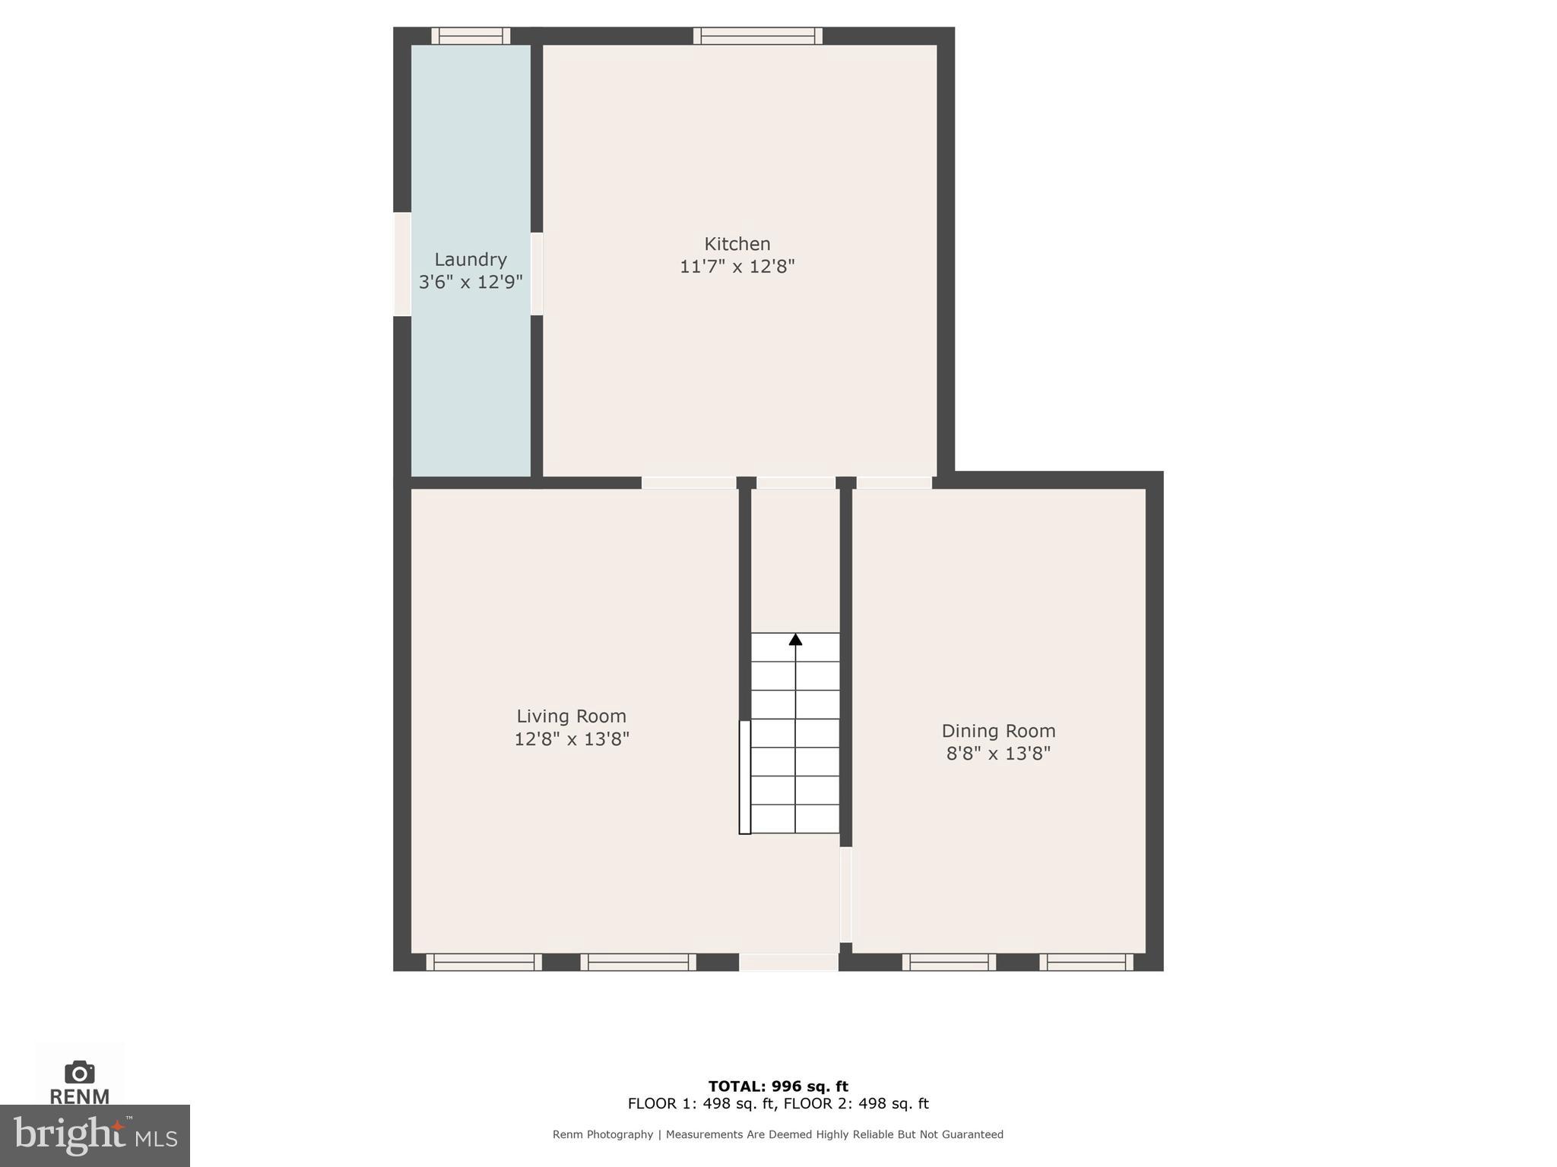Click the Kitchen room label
click(737, 244)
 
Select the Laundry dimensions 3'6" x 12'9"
click(471, 282)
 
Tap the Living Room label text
click(571, 716)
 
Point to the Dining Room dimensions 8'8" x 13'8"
click(998, 753)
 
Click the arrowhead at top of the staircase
click(795, 640)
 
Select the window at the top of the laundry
click(471, 36)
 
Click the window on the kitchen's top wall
click(757, 36)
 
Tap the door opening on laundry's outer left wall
click(402, 264)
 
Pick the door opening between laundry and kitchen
click(537, 274)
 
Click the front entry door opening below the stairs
click(788, 962)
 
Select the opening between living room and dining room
click(845, 895)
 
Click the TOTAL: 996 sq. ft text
click(778, 1086)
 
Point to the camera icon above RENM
click(79, 1073)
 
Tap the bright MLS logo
click(95, 1136)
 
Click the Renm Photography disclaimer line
click(778, 1134)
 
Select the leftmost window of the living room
click(484, 962)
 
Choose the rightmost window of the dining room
click(1086, 962)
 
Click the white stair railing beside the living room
click(745, 776)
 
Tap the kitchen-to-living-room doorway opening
click(689, 482)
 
